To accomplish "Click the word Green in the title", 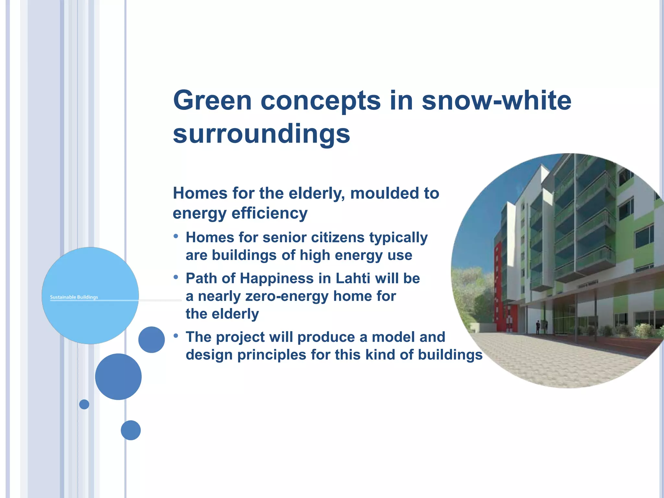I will [212, 101].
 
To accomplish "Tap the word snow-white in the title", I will [496, 101].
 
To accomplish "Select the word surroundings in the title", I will [261, 134].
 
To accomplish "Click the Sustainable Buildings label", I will [74, 297].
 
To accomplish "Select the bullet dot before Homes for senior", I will [176, 236].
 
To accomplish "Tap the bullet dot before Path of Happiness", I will [176, 277].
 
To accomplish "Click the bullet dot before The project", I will [176, 336].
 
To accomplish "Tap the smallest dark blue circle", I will [84, 404].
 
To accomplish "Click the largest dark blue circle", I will [118, 376].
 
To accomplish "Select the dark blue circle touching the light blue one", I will [151, 339].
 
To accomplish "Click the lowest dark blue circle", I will [131, 430].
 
